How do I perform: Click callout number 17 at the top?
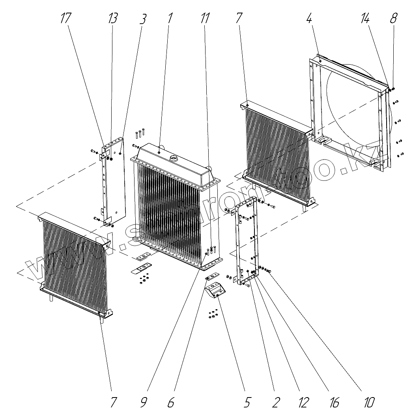click(65, 18)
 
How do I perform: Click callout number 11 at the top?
click(204, 18)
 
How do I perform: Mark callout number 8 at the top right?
click(394, 18)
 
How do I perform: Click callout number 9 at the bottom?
click(144, 402)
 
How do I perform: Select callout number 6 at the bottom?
click(171, 402)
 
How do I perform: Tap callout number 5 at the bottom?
click(247, 402)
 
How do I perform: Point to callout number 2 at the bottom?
click(276, 402)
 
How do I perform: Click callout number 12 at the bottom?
click(303, 402)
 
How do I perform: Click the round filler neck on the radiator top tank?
click(174, 158)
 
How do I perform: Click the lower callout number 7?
click(113, 402)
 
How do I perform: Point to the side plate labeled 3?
click(118, 181)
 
